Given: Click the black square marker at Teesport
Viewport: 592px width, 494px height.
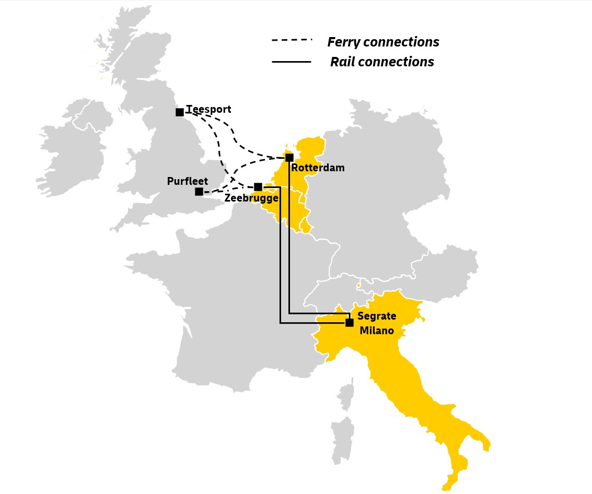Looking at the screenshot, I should point(179,112).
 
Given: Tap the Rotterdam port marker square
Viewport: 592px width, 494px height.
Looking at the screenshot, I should point(289,157).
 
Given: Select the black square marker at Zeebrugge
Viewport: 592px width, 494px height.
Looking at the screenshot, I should point(258,186).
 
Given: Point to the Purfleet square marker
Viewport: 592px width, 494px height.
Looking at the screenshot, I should point(199,191).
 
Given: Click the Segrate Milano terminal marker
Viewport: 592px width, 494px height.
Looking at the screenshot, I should point(349,322).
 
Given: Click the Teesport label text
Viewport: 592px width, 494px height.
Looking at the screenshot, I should point(208,110).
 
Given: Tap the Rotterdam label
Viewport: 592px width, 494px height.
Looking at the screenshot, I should point(318,168).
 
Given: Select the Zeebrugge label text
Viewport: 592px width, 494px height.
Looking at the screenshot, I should point(251,198).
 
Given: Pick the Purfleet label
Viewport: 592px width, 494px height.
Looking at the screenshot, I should point(187,181).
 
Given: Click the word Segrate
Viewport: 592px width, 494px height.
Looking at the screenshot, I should point(376,316).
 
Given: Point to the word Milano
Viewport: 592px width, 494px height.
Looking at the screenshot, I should point(376,331).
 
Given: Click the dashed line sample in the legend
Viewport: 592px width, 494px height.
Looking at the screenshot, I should point(291,40).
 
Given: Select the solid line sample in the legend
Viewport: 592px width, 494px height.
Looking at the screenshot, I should point(291,62).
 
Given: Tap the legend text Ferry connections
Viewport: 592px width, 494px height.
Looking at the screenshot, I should point(383,42).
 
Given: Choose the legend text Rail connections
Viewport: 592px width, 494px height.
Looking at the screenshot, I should point(382,62).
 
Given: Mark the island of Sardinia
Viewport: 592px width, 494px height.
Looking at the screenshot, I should point(342,439).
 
